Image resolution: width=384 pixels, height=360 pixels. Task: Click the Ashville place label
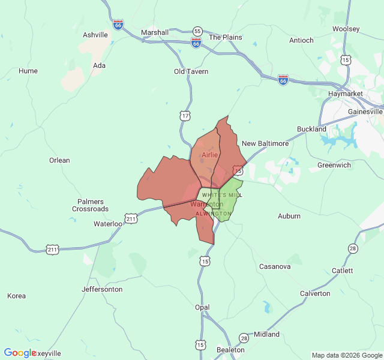tap(95, 35)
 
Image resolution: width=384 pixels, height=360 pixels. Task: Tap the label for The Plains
tap(225, 37)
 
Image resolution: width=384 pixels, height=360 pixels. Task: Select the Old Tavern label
tap(191, 71)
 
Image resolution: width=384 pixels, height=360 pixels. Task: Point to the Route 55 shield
tap(197, 31)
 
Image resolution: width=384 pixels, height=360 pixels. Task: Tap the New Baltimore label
tap(265, 143)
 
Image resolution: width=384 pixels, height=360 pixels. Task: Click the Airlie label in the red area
tap(209, 155)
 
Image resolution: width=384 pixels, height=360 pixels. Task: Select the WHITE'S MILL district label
tap(222, 195)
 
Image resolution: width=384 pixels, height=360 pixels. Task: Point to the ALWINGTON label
tap(213, 214)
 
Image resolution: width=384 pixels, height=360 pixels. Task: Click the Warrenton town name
tap(206, 205)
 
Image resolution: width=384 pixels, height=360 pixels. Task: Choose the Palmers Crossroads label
tap(90, 205)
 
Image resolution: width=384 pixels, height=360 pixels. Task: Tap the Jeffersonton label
tap(102, 289)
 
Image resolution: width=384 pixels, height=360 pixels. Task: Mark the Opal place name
tap(202, 307)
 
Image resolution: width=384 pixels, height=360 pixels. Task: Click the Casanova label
tap(275, 266)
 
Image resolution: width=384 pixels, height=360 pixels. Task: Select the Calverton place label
tap(315, 293)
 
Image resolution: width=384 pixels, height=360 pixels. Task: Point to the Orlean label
tap(59, 160)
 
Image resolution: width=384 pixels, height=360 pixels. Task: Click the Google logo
tap(20, 353)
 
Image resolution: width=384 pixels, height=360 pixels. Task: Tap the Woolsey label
tap(346, 29)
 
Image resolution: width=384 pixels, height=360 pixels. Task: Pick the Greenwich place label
tap(334, 165)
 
